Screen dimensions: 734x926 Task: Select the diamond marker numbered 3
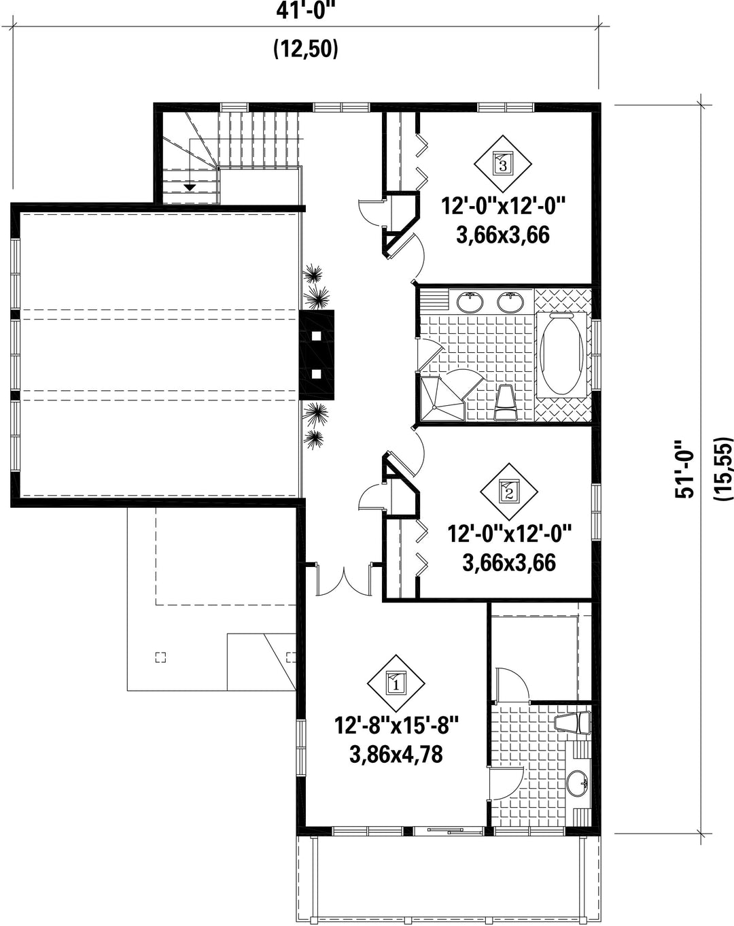click(x=502, y=164)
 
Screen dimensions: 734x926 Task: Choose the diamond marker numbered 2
click(x=509, y=492)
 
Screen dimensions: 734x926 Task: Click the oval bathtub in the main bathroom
click(x=561, y=354)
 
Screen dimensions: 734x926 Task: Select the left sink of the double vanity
click(x=471, y=302)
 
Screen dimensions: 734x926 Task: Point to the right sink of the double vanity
click(x=510, y=302)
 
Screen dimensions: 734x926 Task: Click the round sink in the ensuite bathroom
click(x=578, y=783)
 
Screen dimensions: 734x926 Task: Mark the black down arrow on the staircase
click(x=190, y=188)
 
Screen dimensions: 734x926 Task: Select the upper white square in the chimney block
click(x=316, y=336)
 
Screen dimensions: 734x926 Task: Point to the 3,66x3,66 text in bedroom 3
click(x=503, y=235)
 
